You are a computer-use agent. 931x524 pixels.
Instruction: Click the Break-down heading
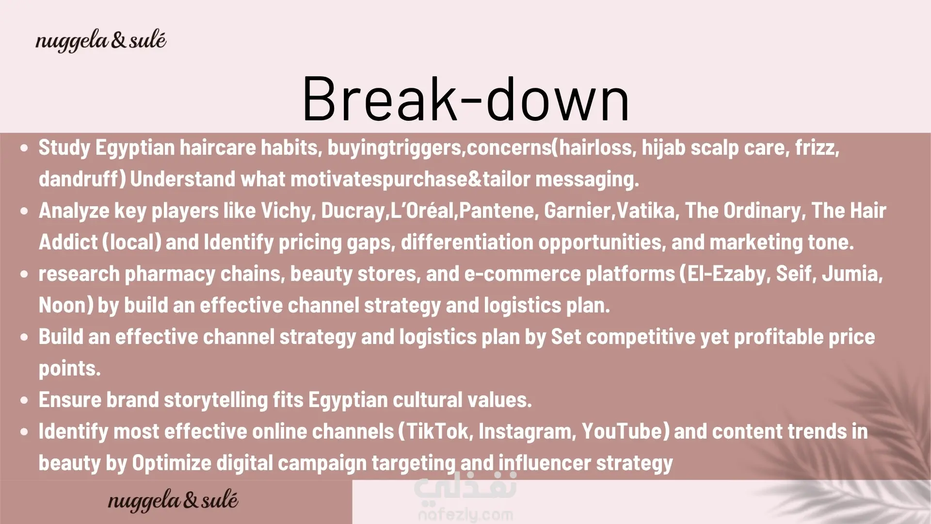[x=465, y=98]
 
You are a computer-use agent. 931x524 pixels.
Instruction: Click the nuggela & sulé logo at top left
[x=101, y=41]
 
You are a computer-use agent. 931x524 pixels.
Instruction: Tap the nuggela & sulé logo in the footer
[x=173, y=501]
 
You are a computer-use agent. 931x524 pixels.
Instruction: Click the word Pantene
[x=497, y=211]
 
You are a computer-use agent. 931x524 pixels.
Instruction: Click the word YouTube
[x=622, y=431]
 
